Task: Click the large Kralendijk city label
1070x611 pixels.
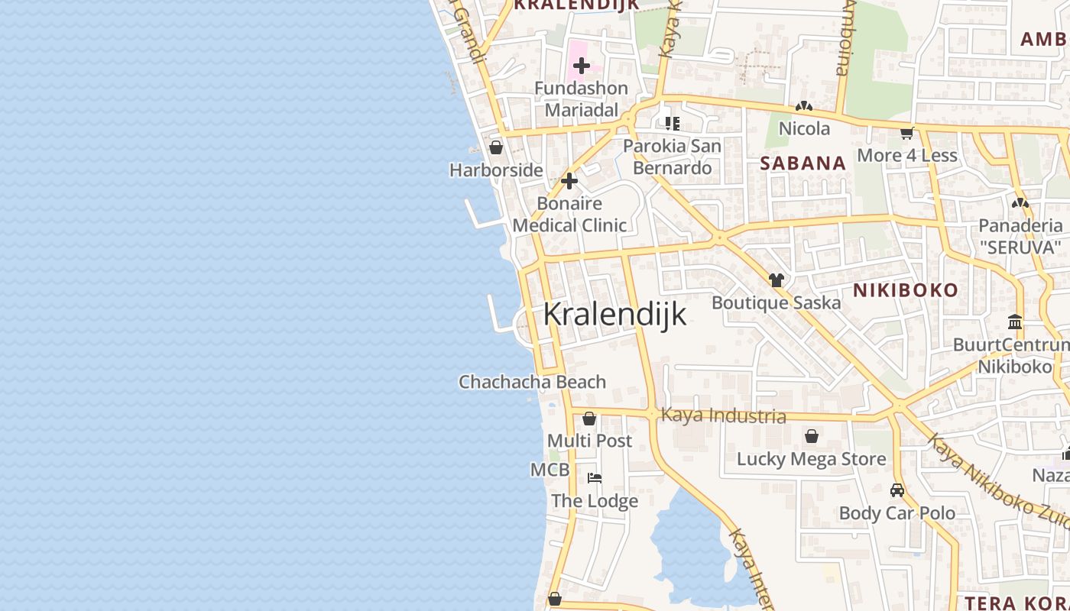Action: click(x=614, y=314)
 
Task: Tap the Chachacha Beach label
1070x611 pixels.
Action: click(x=532, y=382)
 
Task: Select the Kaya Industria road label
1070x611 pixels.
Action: click(x=723, y=415)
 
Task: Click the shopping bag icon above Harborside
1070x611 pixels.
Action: click(x=496, y=147)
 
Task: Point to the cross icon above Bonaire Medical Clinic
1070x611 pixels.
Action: click(x=569, y=181)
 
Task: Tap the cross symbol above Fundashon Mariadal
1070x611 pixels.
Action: click(x=582, y=66)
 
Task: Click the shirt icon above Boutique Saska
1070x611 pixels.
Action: click(x=777, y=280)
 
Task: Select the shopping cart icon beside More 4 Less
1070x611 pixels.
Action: click(x=907, y=133)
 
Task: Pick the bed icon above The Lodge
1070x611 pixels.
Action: click(x=595, y=478)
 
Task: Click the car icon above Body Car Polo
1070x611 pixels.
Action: click(x=897, y=490)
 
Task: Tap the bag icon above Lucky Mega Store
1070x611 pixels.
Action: click(x=812, y=436)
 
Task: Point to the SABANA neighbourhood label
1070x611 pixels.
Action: click(x=803, y=163)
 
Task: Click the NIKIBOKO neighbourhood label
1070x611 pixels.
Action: click(x=906, y=290)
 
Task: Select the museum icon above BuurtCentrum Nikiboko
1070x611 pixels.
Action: click(x=1015, y=322)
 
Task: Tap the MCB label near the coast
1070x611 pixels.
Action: click(x=550, y=470)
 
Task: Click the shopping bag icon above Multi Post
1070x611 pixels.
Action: click(x=589, y=419)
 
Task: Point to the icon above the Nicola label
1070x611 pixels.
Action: click(x=804, y=107)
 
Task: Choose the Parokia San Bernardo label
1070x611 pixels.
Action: click(x=673, y=157)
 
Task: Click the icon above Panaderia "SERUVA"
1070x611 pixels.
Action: click(x=1020, y=203)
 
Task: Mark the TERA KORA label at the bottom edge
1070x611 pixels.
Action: click(x=1017, y=603)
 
